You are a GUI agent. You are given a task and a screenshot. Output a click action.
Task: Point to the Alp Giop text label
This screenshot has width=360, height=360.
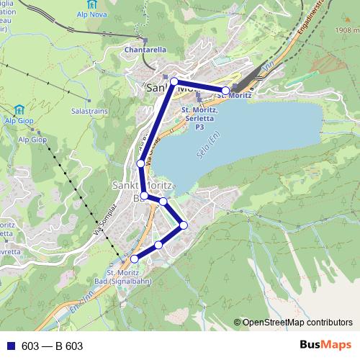point(33,139)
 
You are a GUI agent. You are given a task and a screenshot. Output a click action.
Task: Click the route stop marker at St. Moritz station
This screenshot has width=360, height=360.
point(226,91)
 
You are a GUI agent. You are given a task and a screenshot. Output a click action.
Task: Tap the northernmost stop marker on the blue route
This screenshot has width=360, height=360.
point(174,82)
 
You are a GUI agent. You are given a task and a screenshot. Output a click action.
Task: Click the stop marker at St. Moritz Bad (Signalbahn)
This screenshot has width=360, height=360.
point(134,258)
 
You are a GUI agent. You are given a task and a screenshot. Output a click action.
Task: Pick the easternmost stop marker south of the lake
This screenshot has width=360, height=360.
point(184,225)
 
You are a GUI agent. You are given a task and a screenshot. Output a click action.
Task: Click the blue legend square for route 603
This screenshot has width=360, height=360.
point(9,346)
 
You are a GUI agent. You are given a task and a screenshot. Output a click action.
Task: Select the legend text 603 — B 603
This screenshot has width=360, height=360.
point(52,346)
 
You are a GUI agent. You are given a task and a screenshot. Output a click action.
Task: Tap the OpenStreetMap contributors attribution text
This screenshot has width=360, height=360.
point(297,323)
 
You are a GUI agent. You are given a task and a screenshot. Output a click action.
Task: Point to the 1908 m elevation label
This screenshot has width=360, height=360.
point(346,31)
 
